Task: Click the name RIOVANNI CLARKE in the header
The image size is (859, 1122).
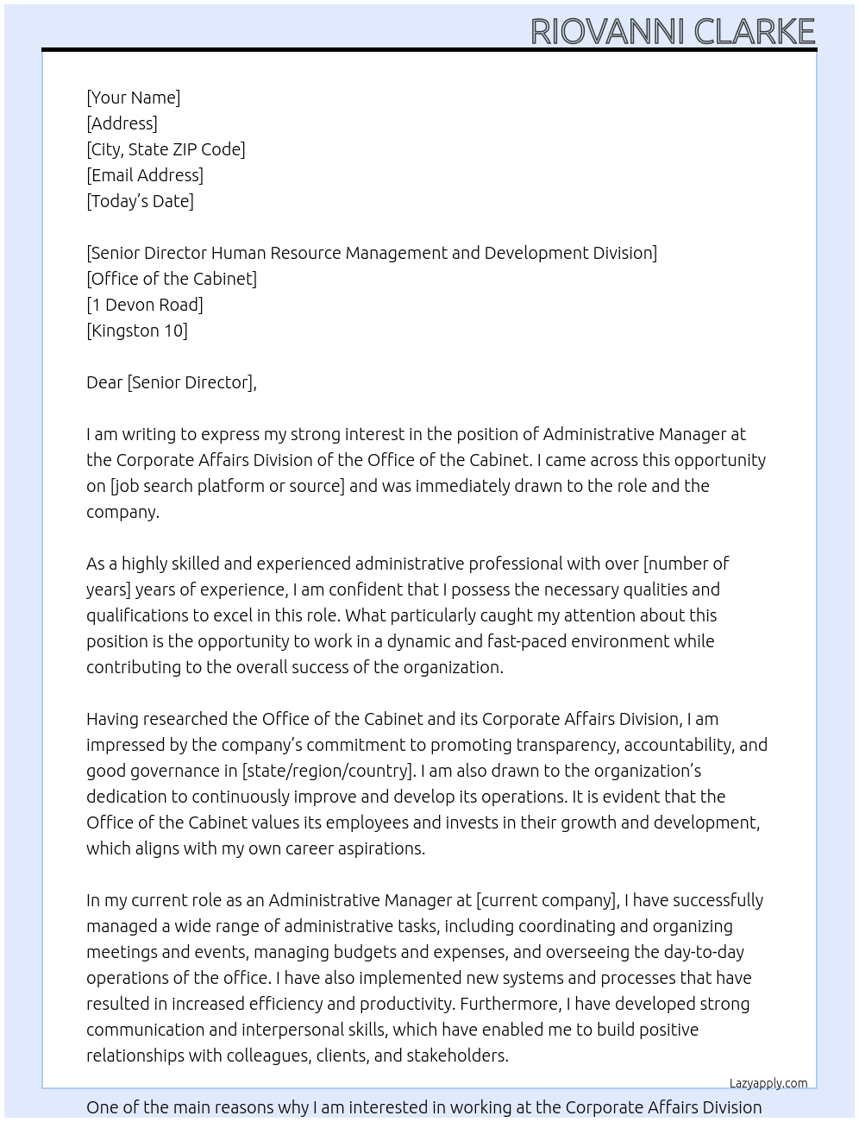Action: (672, 31)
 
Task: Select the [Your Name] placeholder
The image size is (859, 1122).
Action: (133, 98)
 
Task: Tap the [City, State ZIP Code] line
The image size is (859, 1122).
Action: (166, 149)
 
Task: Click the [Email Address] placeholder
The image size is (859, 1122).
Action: (145, 175)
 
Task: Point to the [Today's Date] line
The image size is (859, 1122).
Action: (140, 201)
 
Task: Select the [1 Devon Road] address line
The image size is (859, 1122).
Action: (145, 305)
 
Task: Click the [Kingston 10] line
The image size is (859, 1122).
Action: (136, 331)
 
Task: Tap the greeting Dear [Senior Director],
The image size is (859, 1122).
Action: (171, 382)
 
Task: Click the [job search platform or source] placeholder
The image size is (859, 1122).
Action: (227, 486)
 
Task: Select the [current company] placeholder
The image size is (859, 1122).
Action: (547, 900)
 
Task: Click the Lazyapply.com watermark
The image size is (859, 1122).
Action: (768, 1083)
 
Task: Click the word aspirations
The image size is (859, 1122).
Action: (379, 848)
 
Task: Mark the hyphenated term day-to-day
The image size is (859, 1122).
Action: (703, 952)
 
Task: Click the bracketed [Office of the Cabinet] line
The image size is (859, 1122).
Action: (172, 279)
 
